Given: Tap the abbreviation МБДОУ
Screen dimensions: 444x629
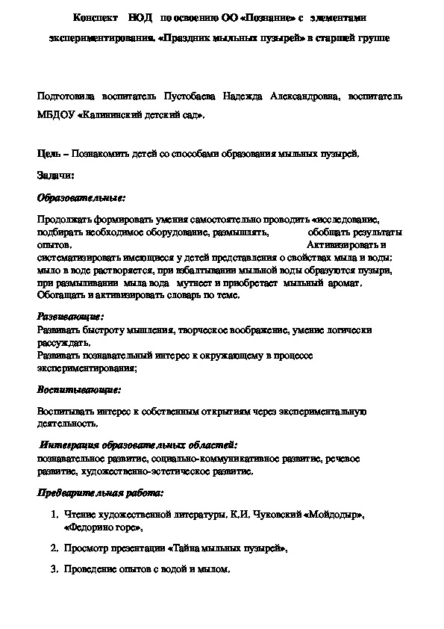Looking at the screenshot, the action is click(55, 116).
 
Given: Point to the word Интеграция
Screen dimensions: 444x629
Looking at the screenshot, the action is click(72, 444).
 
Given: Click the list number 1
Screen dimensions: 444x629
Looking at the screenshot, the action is click(54, 515).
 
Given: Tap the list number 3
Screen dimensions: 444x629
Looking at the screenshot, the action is click(54, 569).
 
